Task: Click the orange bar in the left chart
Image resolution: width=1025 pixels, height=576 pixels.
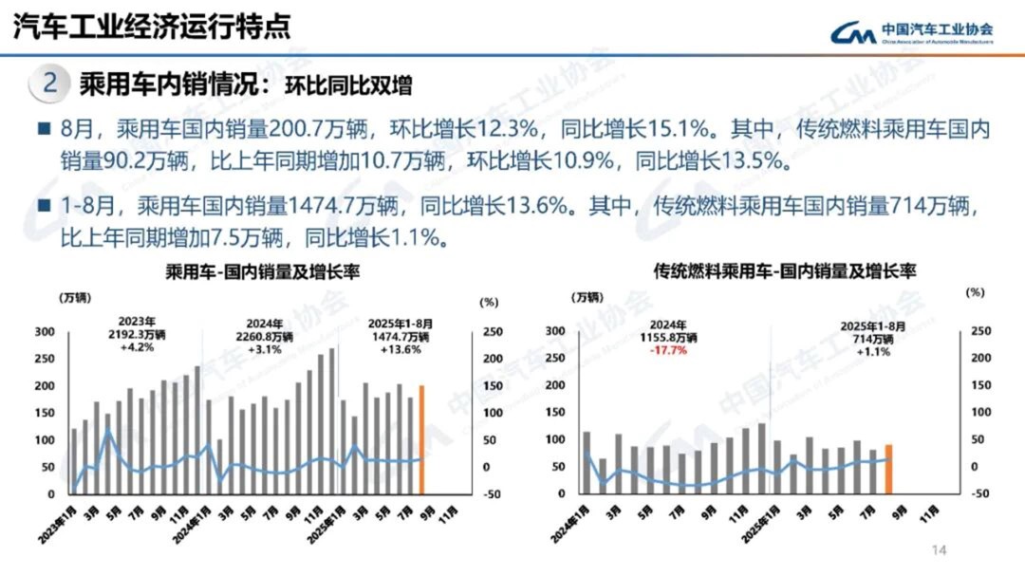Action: coord(421,440)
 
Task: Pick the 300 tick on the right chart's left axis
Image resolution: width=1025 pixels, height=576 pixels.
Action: coord(556,331)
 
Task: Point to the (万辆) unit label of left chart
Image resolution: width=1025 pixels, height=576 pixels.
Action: coord(75,299)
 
